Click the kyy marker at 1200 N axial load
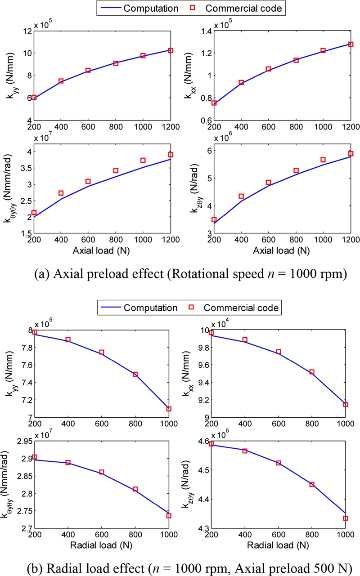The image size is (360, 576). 171,50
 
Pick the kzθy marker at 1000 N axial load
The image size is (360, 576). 323,160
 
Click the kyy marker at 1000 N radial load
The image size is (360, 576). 169,409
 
